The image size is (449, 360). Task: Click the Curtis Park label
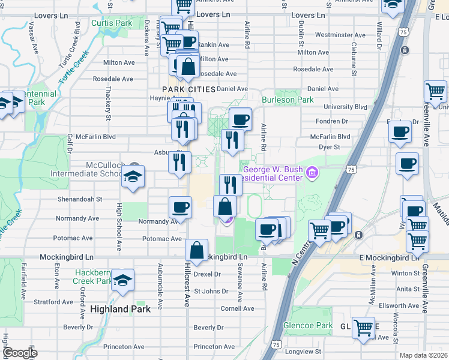pyautogui.click(x=111, y=23)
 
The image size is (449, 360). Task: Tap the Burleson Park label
pyautogui.click(x=288, y=100)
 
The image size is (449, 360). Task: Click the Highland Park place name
pyautogui.click(x=118, y=309)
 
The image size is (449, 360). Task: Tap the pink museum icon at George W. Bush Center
pyautogui.click(x=311, y=174)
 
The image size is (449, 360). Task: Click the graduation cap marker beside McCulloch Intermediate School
pyautogui.click(x=133, y=177)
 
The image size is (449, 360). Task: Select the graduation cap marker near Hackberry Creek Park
pyautogui.click(x=122, y=281)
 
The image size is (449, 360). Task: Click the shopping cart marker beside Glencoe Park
pyautogui.click(x=363, y=328)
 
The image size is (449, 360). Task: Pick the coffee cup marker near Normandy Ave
pyautogui.click(x=181, y=208)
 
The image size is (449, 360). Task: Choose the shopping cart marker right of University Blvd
pyautogui.click(x=435, y=92)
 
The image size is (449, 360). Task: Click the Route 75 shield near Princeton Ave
pyautogui.click(x=276, y=344)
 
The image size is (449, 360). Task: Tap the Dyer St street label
pyautogui.click(x=330, y=146)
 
